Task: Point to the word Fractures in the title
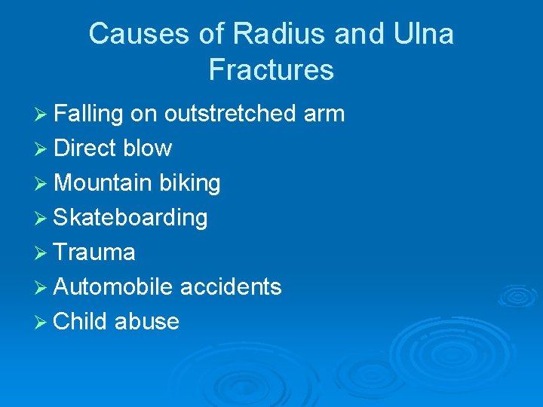point(271,70)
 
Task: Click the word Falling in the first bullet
point(88,114)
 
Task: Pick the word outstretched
point(231,114)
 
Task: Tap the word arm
point(324,114)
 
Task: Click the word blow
point(147,148)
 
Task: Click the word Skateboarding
point(130,218)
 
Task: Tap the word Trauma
point(94,252)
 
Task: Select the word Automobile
point(113,287)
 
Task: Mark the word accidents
point(230,287)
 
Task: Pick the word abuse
point(147,322)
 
